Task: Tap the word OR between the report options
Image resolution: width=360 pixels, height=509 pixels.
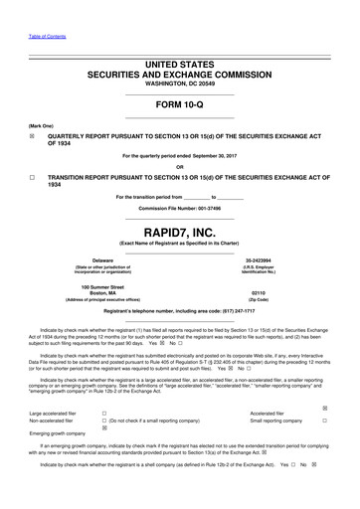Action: (x=180, y=165)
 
